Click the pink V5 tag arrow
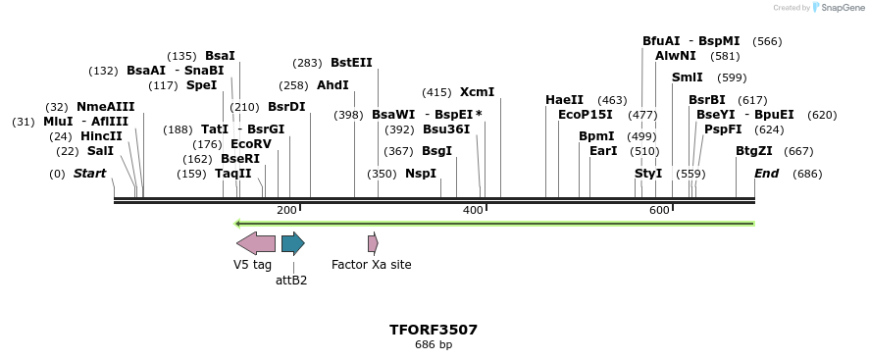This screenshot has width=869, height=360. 255,243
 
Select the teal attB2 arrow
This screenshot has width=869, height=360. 292,243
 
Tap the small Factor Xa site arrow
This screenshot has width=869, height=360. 373,243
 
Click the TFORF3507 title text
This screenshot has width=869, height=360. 434,330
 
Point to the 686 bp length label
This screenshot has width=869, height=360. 434,345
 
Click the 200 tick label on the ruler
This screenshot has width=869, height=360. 286,211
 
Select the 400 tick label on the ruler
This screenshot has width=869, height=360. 473,211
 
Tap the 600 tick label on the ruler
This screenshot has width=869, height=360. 659,211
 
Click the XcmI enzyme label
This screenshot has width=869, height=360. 477,92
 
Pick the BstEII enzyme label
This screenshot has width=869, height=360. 351,63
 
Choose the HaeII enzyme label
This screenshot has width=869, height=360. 564,100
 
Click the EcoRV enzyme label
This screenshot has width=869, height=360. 250,144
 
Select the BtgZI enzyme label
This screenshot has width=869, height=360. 754,151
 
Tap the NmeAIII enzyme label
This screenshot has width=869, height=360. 106,107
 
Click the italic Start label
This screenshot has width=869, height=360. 89,174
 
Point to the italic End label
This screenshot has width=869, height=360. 766,174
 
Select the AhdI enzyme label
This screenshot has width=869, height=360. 332,85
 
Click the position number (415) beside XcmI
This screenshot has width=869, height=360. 436,92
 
